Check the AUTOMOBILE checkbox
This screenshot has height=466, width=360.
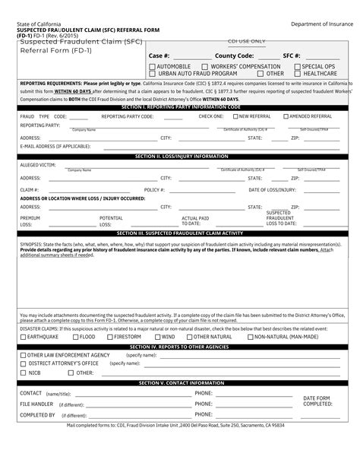153,67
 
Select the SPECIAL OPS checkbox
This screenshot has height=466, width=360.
298,67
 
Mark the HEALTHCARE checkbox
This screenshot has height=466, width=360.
298,74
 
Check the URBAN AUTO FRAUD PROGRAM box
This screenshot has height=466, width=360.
153,74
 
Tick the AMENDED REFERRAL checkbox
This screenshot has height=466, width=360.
285,117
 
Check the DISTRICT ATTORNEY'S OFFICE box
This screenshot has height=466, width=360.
24,363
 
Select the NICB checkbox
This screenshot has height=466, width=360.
24,372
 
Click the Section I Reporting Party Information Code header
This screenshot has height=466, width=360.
181,108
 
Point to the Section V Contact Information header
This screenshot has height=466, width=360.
181,383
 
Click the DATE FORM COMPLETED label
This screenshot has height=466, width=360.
318,401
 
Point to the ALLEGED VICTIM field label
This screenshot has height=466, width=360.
38,163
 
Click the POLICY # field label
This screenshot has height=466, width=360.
154,189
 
